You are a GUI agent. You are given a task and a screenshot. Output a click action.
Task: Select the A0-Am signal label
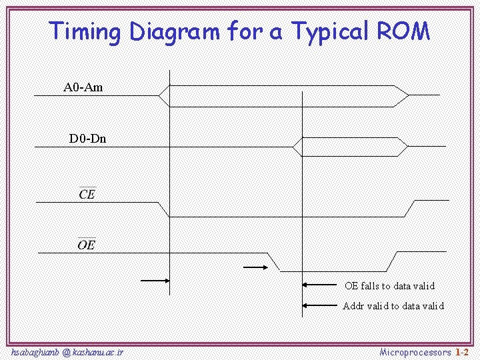point(83,87)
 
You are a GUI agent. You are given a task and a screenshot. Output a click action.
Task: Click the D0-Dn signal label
point(87,139)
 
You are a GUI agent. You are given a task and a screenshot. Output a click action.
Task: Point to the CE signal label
point(87,194)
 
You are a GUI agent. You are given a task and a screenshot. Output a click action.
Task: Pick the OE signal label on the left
point(86,245)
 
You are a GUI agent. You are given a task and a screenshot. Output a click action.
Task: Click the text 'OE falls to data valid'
point(389,286)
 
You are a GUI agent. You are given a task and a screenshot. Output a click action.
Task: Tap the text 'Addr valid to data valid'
point(393,306)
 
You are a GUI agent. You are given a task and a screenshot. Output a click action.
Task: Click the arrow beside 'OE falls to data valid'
point(320,285)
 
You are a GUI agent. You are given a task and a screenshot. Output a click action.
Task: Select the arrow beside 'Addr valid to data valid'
point(320,306)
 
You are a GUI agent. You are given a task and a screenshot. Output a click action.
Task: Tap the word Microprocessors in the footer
point(415,351)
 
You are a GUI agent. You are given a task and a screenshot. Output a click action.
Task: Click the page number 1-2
point(462,351)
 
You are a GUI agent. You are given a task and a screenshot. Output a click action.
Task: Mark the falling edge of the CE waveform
point(164,209)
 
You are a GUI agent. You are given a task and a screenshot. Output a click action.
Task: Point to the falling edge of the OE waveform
point(274,262)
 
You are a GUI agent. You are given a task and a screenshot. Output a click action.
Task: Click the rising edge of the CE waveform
point(409,208)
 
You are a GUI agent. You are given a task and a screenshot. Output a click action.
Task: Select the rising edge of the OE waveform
point(393,261)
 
